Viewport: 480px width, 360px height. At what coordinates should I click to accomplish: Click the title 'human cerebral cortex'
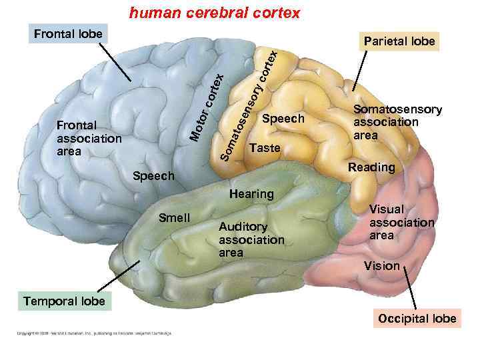(x=215, y=13)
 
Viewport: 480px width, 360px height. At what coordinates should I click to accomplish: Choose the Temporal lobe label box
(x=64, y=301)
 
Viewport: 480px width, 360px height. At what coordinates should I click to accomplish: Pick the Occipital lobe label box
(x=417, y=318)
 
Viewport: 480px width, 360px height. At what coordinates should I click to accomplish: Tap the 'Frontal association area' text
(x=89, y=139)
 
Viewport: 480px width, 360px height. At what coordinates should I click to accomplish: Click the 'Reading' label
(x=371, y=167)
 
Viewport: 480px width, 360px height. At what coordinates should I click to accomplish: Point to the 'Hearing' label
(x=251, y=194)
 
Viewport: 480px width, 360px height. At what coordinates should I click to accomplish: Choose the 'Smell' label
(x=175, y=218)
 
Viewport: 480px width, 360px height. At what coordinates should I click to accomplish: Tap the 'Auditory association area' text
(x=251, y=240)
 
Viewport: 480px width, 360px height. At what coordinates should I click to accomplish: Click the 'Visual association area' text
(x=401, y=222)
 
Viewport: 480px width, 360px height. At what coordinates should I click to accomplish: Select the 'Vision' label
(x=381, y=266)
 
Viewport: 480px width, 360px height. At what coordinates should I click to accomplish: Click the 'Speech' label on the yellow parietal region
(x=283, y=119)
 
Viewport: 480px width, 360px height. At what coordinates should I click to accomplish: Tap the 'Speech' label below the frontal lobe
(x=154, y=177)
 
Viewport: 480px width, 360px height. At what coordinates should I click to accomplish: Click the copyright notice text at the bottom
(x=89, y=333)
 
